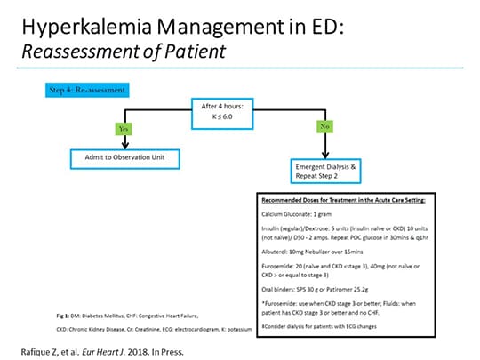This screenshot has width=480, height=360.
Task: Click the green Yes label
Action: [x=124, y=128]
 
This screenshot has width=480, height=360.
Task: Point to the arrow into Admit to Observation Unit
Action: [x=124, y=144]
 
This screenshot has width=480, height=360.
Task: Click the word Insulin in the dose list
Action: [x=269, y=227]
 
